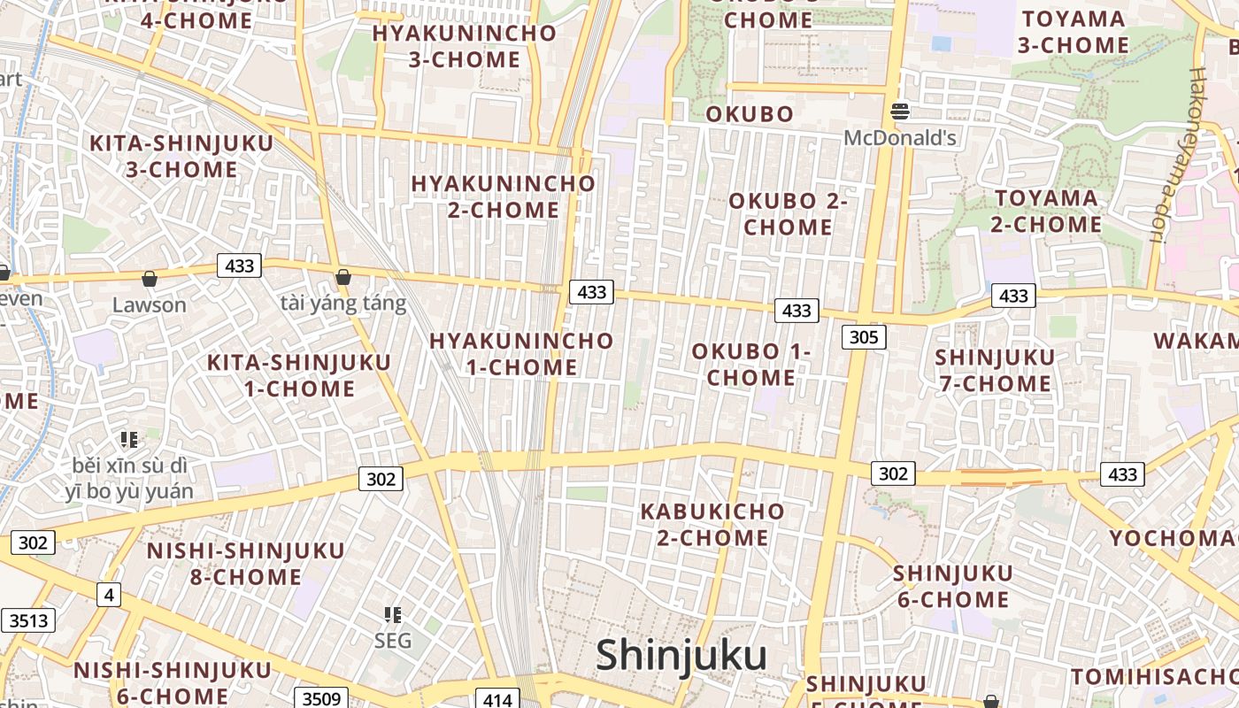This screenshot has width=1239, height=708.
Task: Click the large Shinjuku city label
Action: [x=681, y=656]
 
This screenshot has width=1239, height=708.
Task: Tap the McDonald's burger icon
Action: [x=900, y=112]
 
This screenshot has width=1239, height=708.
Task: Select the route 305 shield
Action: [x=863, y=336]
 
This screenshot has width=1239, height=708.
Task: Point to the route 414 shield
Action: [x=496, y=699]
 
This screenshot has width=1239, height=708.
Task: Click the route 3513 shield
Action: [x=28, y=620]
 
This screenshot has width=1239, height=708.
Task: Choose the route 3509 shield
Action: [x=320, y=699]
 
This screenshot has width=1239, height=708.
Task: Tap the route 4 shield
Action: [x=108, y=595]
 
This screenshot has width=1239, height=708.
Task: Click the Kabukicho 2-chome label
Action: [x=712, y=524]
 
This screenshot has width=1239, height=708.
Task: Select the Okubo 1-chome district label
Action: [x=750, y=364]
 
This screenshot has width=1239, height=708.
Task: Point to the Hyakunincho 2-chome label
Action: [x=503, y=196]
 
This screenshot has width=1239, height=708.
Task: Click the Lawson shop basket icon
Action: [x=150, y=280]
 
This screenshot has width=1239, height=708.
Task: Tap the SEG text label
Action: [x=393, y=640]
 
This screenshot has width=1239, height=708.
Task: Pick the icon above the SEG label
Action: [x=393, y=614]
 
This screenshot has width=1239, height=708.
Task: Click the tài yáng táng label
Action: [x=342, y=304]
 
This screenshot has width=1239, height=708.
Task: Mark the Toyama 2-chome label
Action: [x=1046, y=211]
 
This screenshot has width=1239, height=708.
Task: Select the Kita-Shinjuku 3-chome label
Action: [x=181, y=156]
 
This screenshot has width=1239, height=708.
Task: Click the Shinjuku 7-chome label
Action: [x=995, y=370]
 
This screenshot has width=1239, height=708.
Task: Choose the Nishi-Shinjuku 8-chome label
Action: [x=245, y=564]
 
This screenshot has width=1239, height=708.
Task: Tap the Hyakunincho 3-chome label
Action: [x=464, y=46]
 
